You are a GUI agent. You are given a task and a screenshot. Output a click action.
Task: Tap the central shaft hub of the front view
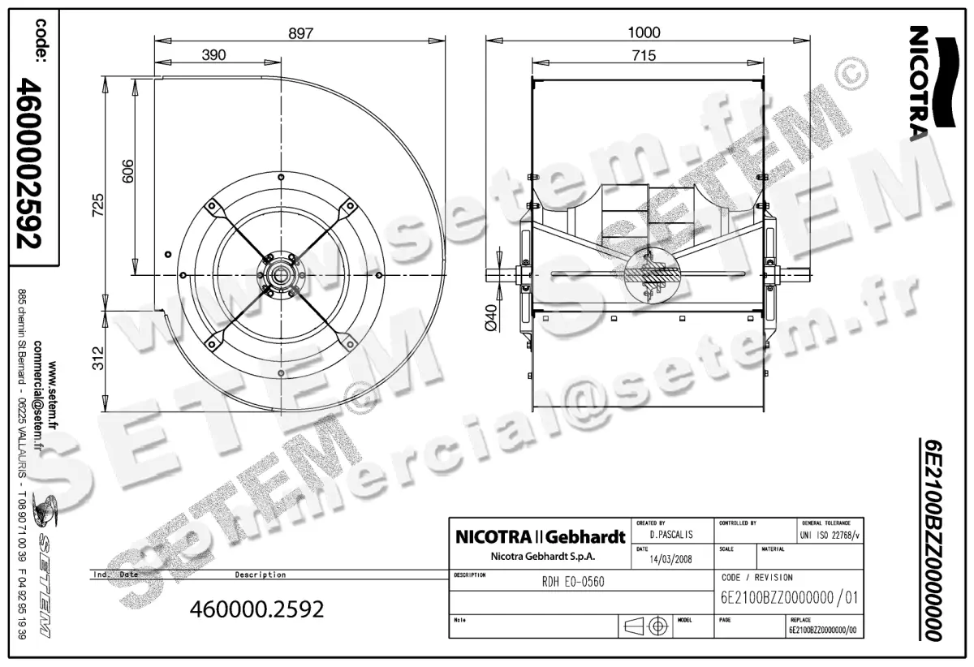[x=280, y=276]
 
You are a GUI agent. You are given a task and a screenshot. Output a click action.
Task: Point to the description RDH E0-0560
[x=573, y=582]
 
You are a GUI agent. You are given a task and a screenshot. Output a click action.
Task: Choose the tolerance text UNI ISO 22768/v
[x=830, y=535]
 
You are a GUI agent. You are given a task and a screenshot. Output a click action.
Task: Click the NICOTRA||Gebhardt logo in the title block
[x=540, y=537]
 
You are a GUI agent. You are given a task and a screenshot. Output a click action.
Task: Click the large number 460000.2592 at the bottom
[x=256, y=609]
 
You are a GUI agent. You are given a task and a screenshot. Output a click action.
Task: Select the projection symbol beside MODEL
[x=646, y=626]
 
